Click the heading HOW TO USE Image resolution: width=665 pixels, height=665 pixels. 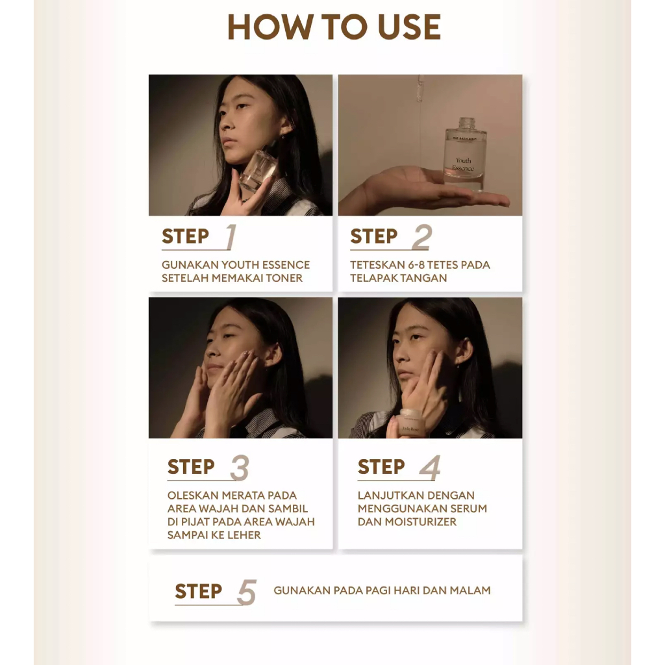[334, 27]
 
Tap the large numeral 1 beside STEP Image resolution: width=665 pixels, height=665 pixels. [231, 236]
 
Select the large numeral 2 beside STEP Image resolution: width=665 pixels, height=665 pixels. [422, 236]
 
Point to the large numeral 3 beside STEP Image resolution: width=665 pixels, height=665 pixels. [240, 468]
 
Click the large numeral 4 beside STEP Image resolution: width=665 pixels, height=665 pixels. [430, 468]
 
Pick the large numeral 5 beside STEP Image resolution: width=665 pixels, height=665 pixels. [247, 592]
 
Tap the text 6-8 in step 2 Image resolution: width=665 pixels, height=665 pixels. [416, 265]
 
